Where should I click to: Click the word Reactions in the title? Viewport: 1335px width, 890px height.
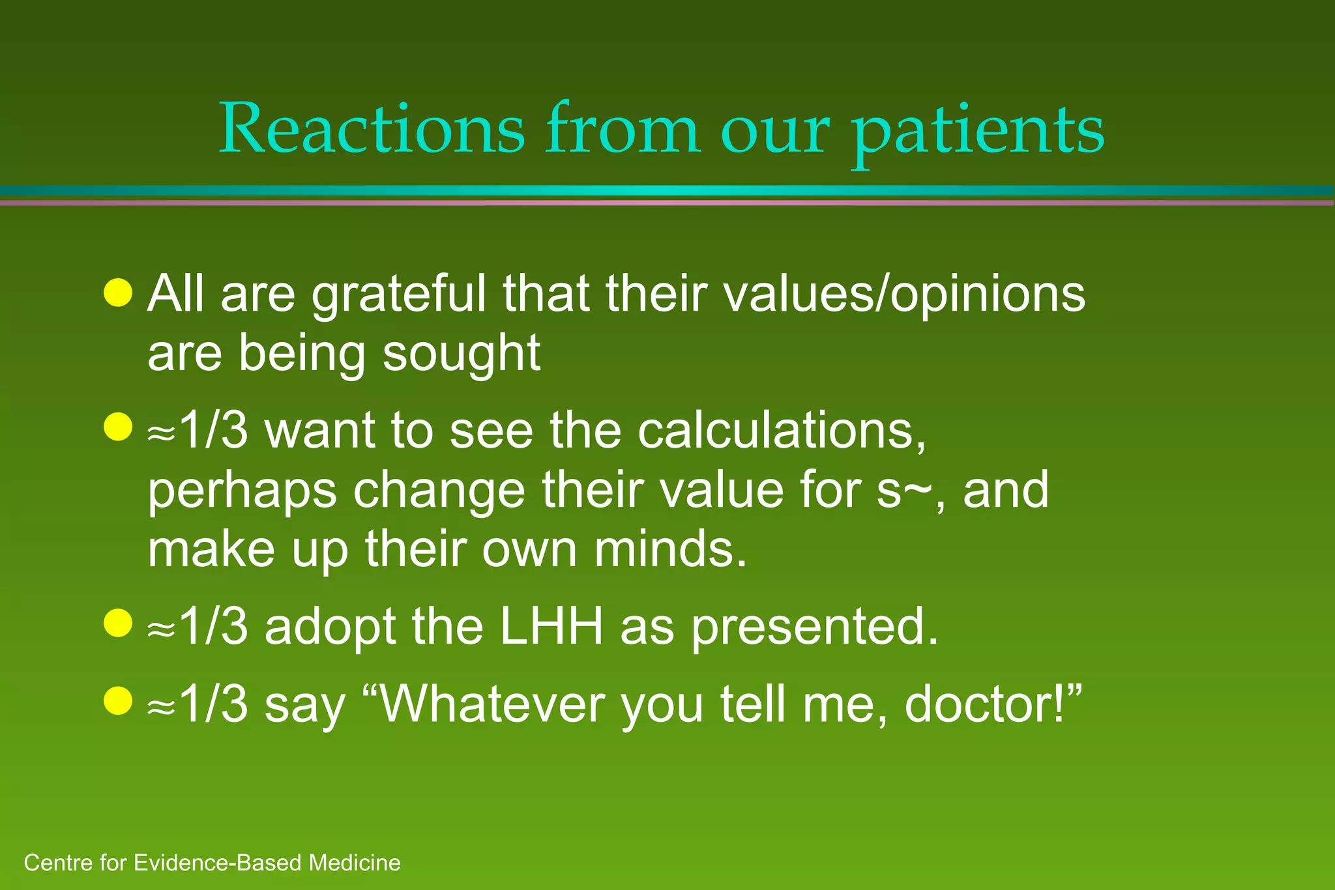coord(372,129)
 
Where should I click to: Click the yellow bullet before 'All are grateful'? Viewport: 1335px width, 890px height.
coord(118,293)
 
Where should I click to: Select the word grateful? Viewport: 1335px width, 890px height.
coord(398,294)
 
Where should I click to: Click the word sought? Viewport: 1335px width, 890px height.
coord(461,354)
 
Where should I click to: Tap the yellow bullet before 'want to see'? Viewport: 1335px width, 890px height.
coord(118,427)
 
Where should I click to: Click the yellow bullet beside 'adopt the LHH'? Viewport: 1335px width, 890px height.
coord(118,623)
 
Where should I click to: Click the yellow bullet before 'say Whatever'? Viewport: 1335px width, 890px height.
coord(118,701)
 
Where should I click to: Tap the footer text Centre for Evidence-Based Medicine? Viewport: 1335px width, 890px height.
coord(212,863)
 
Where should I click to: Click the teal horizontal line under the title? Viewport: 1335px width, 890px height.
coord(667,190)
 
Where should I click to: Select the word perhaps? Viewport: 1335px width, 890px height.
coord(242,491)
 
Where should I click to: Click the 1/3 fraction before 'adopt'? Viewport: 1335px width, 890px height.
coord(212,627)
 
